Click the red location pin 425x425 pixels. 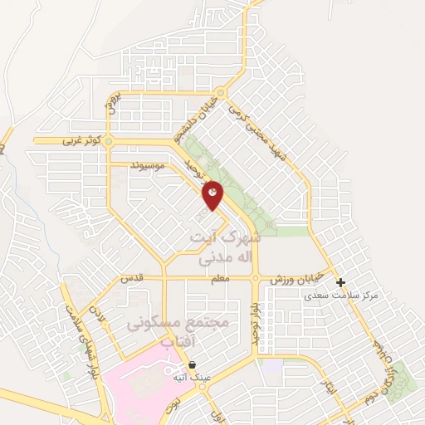pos(212,193)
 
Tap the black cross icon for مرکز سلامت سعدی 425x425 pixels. pos(340,283)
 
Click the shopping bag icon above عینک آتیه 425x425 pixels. pos(193,364)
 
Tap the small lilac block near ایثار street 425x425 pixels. pos(270,364)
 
